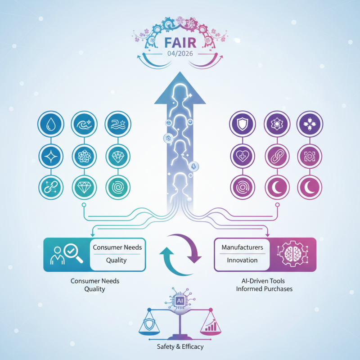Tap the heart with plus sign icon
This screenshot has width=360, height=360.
coord(241,155)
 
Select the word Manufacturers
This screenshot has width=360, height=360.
coord(242,247)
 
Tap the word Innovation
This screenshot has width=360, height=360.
coord(242,260)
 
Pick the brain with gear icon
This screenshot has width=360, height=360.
coord(291,254)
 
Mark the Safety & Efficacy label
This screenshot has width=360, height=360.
coord(180,347)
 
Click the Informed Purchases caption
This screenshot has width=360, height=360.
coord(264,288)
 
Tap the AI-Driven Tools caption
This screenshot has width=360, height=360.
coord(264,280)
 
